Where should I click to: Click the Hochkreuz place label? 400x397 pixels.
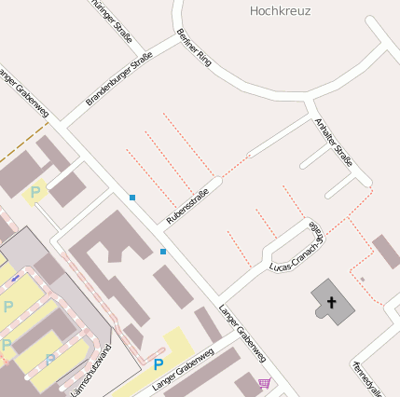[281, 11]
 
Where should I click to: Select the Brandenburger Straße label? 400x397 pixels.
[119, 78]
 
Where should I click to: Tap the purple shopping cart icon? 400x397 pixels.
[265, 382]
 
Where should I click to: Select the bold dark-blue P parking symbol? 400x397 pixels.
[159, 364]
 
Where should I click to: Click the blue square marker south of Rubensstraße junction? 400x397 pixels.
[163, 251]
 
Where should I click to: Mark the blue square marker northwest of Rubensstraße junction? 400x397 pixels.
[132, 198]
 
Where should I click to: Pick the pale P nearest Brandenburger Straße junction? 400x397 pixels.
[35, 193]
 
